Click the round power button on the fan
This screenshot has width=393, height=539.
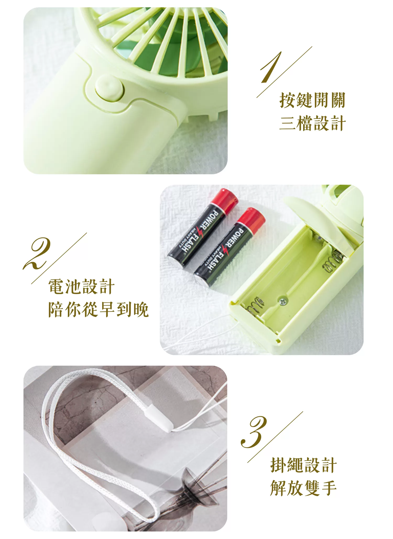tap(109, 88)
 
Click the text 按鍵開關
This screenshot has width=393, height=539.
tap(312, 100)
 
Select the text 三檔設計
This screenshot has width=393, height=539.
tap(312, 123)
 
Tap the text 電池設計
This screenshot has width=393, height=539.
tap(81, 287)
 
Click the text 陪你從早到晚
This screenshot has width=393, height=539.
tap(98, 310)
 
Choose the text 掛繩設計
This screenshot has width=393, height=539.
tap(303, 465)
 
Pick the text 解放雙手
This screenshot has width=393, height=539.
tap(303, 488)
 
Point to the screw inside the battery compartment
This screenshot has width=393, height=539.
tap(282, 301)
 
